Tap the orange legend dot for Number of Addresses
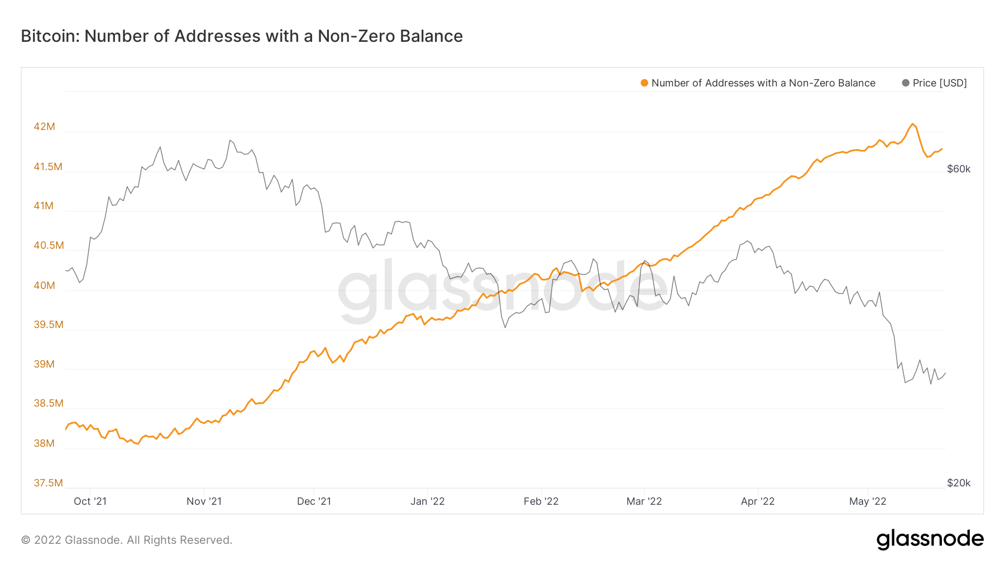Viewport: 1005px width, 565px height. click(644, 83)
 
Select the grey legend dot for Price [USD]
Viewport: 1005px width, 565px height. click(906, 83)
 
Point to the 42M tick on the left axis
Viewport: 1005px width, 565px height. click(45, 127)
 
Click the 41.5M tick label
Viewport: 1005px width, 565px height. click(48, 167)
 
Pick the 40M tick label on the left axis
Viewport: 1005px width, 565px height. click(45, 286)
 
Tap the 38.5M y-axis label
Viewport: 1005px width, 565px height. click(48, 403)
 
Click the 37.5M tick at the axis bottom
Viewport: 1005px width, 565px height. click(48, 483)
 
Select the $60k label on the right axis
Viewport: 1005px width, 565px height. click(959, 169)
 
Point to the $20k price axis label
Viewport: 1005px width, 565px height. click(959, 483)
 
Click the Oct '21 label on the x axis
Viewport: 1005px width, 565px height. click(90, 501)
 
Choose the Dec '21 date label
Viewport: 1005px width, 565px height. click(314, 501)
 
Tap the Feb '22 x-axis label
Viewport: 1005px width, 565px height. click(541, 501)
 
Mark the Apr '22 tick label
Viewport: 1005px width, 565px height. click(758, 501)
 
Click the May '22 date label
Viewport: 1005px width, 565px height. click(868, 501)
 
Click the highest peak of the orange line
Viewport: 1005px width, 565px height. click(912, 124)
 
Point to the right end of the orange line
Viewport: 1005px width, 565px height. click(942, 149)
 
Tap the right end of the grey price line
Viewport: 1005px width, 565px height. click(945, 373)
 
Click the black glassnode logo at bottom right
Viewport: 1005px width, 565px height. click(930, 539)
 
